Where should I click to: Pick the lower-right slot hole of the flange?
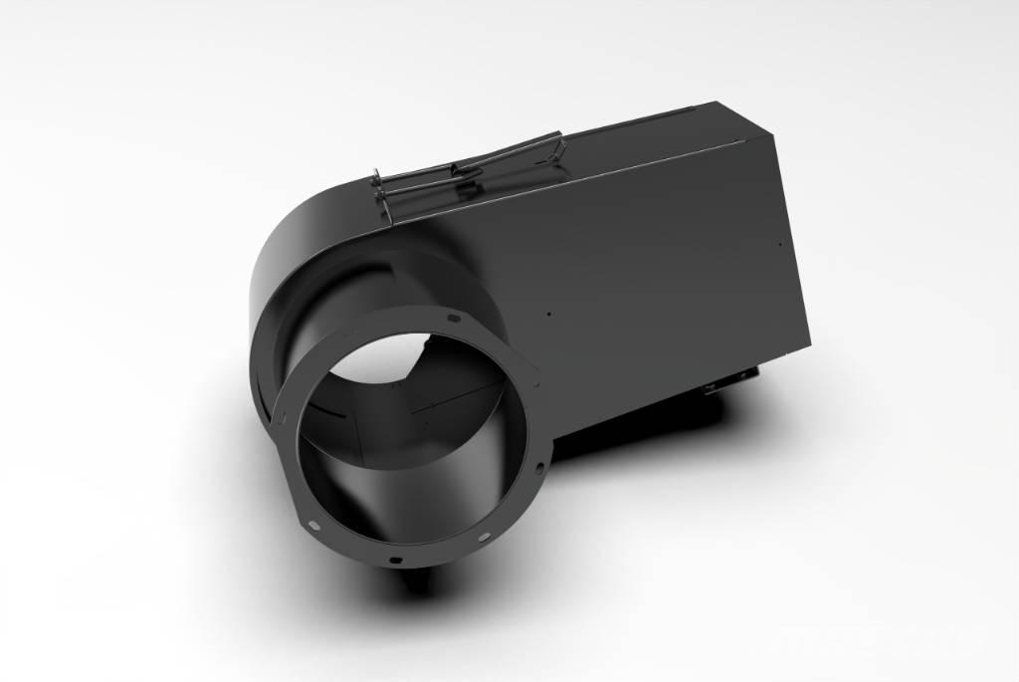pos(485,537)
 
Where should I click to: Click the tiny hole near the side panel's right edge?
pos(784,243)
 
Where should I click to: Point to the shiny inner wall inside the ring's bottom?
pos(398,498)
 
